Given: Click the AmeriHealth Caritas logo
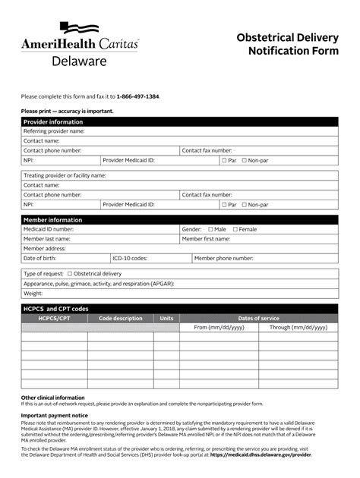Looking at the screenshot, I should pos(80,45).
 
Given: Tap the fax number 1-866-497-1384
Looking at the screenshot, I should pos(137,96).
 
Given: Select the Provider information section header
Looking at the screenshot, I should pos(53,121).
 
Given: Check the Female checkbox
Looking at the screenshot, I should pos(235,229).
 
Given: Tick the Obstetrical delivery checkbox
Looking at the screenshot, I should pos(70,273).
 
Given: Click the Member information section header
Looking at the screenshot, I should pos(53,219).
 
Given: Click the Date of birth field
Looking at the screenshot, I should pos(84,258).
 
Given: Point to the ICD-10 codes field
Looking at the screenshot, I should pos(167,258).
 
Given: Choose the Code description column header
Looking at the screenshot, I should pos(120,318).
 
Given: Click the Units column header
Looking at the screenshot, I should pos(166,318).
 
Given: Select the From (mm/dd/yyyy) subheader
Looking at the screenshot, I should pos(219,328).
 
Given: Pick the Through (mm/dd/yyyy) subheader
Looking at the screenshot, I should pos(298,328).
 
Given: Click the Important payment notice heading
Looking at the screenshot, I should pos(55,416).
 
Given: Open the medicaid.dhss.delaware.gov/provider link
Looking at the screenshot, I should pos(261,454).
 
